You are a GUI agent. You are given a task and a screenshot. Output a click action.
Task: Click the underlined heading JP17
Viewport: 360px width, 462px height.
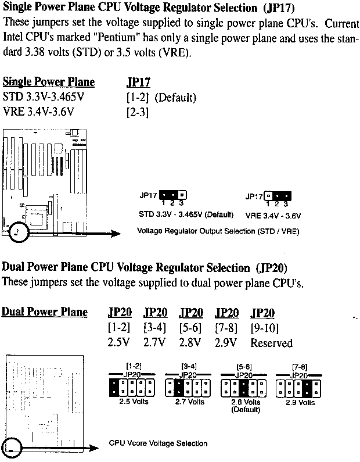click(138, 82)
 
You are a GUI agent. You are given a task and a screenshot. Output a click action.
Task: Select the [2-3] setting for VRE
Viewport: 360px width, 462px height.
click(138, 112)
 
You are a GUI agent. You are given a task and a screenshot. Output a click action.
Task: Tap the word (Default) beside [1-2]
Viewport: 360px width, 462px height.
click(175, 98)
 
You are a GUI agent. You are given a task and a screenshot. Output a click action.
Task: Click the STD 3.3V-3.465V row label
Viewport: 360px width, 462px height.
click(44, 96)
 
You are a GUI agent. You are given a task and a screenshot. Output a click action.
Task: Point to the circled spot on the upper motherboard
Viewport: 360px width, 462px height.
click(19, 232)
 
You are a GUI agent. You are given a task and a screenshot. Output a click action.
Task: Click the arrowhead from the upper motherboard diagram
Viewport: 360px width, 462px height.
click(115, 234)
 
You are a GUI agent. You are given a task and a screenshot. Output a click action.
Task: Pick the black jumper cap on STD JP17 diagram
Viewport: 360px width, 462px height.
click(168, 195)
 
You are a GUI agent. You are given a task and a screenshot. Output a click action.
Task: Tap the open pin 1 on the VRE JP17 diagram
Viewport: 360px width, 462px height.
click(268, 196)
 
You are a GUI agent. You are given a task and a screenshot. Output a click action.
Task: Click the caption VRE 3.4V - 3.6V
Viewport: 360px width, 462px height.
click(273, 216)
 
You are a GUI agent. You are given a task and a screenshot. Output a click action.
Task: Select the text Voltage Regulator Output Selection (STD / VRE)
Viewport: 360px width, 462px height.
click(218, 231)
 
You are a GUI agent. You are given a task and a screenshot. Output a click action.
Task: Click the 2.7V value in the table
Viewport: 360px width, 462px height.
click(154, 342)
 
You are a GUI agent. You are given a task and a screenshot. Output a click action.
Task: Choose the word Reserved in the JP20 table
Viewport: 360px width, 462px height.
click(271, 343)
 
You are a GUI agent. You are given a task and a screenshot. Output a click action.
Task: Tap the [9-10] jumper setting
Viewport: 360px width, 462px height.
click(264, 328)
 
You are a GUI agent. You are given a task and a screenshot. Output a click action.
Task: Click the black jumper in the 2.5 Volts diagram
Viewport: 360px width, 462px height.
click(113, 388)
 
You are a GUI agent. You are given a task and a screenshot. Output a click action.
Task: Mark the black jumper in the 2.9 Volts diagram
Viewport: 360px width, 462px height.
click(307, 388)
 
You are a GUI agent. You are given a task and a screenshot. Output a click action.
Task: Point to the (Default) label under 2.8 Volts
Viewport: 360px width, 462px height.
click(246, 410)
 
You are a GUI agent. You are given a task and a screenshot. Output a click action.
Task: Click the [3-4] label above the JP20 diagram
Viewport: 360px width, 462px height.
click(189, 367)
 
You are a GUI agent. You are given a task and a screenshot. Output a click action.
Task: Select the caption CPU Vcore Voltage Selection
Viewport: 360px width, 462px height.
click(158, 443)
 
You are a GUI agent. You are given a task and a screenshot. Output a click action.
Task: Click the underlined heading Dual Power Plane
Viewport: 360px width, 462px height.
click(45, 312)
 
